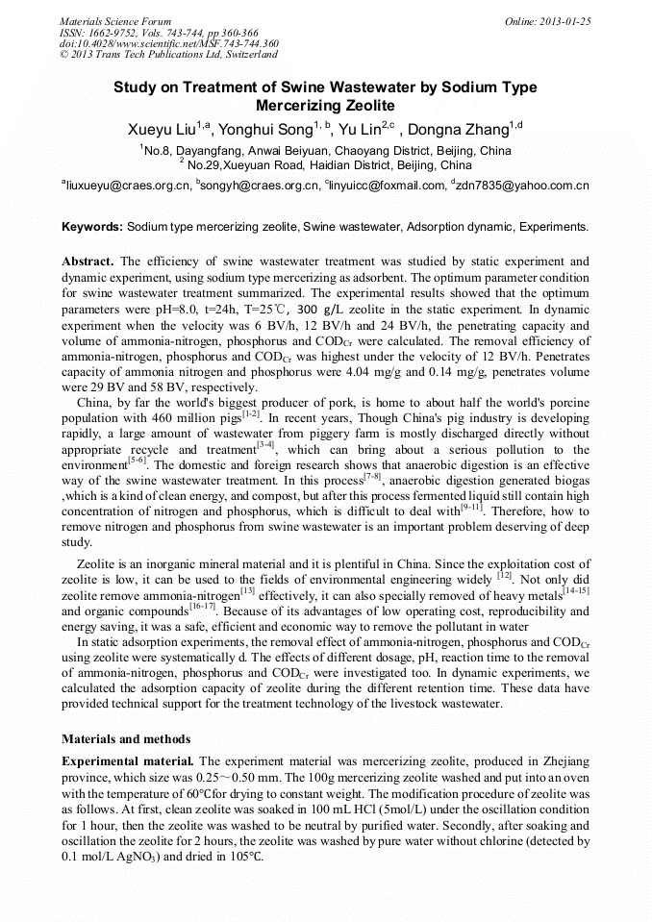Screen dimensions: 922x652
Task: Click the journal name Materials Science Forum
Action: click(115, 20)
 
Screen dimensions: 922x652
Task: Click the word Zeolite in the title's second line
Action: click(364, 105)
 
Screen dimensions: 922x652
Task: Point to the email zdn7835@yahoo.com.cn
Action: click(524, 185)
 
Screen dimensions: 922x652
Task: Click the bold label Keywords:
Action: click(92, 227)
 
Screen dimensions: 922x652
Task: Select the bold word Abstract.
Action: click(88, 262)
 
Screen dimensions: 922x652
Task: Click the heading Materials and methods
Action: click(126, 739)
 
